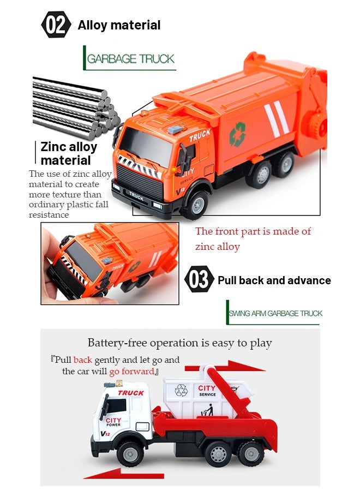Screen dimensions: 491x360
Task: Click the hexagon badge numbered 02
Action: click(x=56, y=25)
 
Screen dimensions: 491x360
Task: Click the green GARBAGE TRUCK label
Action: click(x=130, y=58)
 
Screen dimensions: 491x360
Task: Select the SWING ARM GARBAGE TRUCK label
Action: click(x=275, y=313)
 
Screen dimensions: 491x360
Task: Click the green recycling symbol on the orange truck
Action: click(x=237, y=134)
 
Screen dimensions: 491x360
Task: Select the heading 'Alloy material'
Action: click(x=119, y=25)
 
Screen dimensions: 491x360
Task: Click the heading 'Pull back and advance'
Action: click(x=274, y=280)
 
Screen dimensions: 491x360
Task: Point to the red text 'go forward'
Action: click(x=131, y=372)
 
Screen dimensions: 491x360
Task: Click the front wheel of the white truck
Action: click(x=131, y=453)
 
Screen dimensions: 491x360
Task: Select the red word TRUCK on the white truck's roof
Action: click(x=131, y=393)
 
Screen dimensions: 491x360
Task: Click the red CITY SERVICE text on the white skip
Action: click(x=207, y=391)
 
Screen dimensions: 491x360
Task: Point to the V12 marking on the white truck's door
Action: click(x=106, y=433)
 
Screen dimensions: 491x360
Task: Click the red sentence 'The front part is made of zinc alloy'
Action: click(x=253, y=239)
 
